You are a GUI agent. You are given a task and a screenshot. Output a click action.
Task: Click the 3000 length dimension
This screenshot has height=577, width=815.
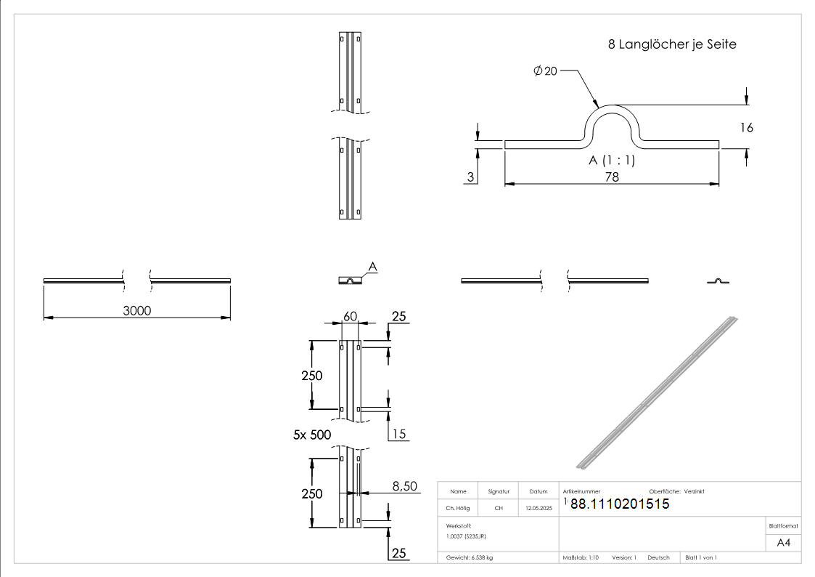tap(137, 310)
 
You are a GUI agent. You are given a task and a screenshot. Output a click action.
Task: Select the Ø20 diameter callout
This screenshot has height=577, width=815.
tap(545, 70)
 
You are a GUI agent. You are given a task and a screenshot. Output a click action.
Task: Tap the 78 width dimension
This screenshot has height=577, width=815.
tap(612, 177)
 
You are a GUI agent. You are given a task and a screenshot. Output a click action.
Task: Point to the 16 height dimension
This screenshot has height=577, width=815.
tap(746, 127)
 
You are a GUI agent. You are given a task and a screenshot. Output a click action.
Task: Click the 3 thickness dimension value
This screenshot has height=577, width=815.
tap(470, 177)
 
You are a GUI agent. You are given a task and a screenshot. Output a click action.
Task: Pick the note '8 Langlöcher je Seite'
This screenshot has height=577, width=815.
tap(672, 44)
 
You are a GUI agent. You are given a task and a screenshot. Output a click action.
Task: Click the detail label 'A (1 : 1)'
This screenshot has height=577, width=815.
tap(612, 161)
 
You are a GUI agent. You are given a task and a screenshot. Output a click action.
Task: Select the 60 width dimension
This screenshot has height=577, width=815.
tap(351, 316)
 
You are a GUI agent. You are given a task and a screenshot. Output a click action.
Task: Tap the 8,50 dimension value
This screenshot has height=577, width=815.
tap(405, 486)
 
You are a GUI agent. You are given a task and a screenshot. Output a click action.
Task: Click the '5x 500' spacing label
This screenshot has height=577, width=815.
tap(312, 435)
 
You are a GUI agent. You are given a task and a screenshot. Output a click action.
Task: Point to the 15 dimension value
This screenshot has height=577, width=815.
tap(398, 434)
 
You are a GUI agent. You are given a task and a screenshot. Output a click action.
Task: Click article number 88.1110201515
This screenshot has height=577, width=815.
tap(620, 504)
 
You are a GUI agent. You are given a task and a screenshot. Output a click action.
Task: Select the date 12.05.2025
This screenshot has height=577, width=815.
tap(538, 508)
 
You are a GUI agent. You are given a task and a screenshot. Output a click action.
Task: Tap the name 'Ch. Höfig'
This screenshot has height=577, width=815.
tap(458, 508)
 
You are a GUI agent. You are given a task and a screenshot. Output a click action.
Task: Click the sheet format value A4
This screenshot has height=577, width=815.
tap(783, 543)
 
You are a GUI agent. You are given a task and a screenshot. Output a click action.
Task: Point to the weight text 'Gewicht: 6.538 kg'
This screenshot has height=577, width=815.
tap(470, 558)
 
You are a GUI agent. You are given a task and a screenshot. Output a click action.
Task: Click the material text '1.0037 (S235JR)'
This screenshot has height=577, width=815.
tap(466, 536)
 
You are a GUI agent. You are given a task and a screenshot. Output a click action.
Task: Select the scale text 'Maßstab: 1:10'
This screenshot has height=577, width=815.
tap(581, 558)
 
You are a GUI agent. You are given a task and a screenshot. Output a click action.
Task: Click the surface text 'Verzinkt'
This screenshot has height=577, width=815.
tap(695, 492)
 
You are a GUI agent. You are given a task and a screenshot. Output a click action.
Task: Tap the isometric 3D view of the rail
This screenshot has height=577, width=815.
tap(657, 393)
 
